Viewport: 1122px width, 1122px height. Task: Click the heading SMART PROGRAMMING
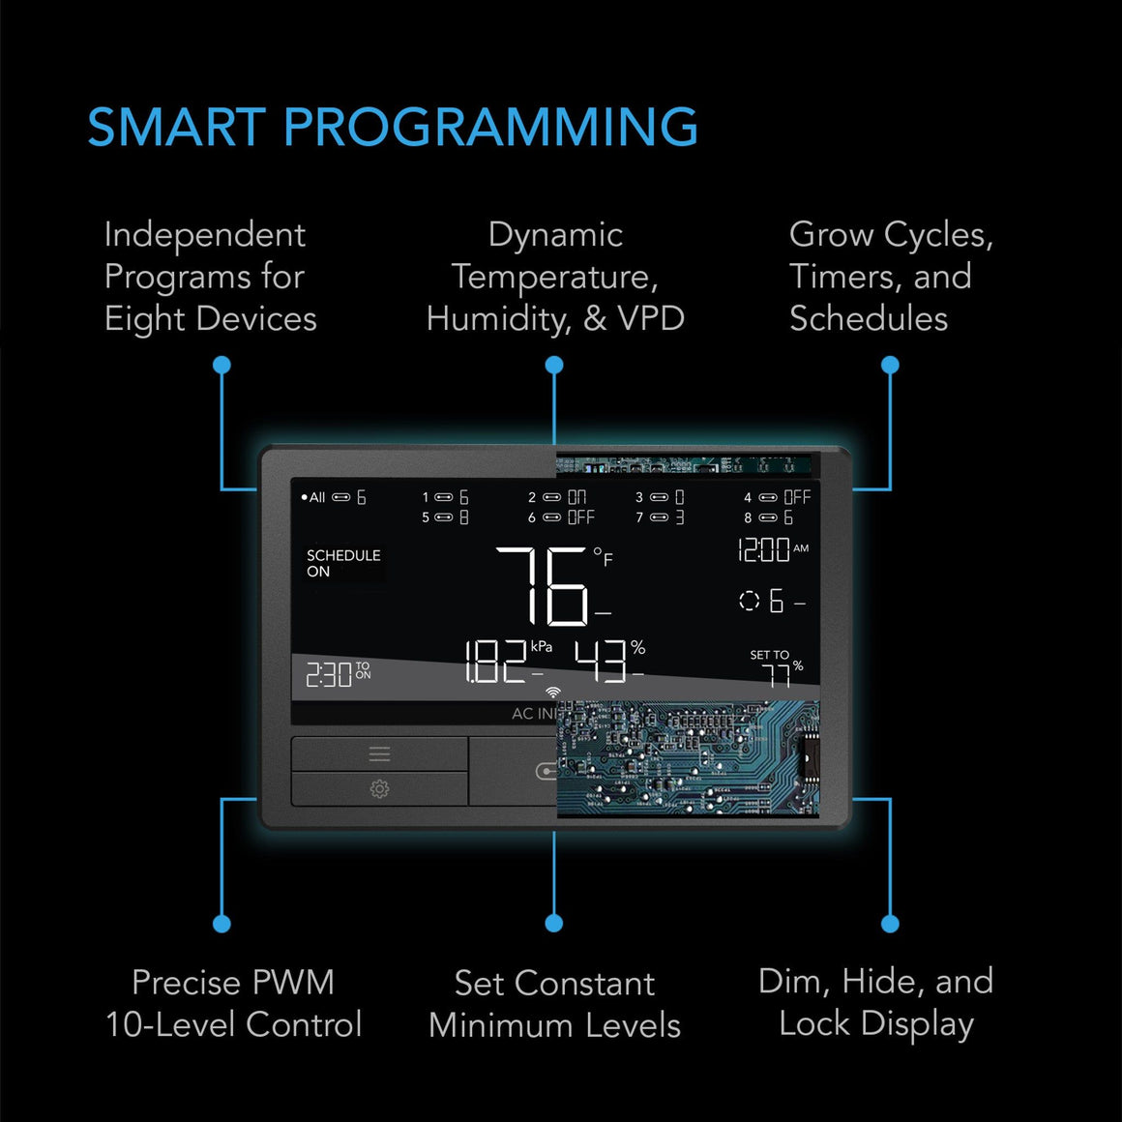pos(392,128)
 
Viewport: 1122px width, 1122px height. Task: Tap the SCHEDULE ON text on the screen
pos(342,563)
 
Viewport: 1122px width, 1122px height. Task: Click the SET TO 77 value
pos(776,669)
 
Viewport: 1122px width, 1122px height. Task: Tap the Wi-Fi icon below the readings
pos(553,693)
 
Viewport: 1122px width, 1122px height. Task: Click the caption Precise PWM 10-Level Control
pos(233,1003)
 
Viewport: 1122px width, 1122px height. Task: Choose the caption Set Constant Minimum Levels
pos(554,1004)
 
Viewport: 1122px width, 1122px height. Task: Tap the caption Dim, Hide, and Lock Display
pos(875,1002)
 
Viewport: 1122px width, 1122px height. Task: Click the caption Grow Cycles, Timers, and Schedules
pos(890,277)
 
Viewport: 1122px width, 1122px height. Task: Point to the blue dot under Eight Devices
pos(221,365)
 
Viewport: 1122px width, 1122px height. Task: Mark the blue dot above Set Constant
pos(554,923)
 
